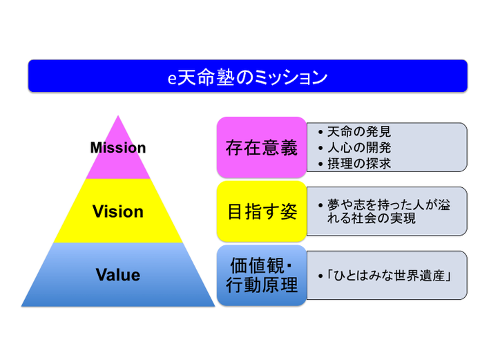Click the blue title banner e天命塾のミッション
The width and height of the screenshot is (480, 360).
[x=248, y=76]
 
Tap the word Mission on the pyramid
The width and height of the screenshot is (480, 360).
[x=118, y=148]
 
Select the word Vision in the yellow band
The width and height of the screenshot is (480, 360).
[x=118, y=211]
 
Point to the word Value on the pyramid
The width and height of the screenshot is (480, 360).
[x=118, y=274]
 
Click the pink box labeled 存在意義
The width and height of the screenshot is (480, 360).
[x=262, y=147]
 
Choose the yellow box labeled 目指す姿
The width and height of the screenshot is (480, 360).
[x=262, y=211]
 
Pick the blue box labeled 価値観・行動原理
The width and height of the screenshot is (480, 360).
[x=262, y=275]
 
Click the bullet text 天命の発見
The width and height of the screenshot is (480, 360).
[x=358, y=132]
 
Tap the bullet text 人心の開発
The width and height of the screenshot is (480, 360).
[x=358, y=148]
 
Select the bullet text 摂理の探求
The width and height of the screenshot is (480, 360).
[x=358, y=164]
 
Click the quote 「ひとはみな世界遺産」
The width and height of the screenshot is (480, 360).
[x=388, y=276]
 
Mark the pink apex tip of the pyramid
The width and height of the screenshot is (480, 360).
[x=118, y=116]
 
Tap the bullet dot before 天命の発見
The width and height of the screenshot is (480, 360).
[x=320, y=133]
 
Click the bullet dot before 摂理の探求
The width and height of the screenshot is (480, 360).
[x=320, y=164]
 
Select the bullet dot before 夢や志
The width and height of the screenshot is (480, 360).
[x=320, y=205]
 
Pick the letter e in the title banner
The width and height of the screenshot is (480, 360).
[x=172, y=79]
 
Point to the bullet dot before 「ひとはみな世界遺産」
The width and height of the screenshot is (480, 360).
[x=320, y=276]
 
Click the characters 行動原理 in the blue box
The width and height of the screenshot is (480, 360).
[x=262, y=285]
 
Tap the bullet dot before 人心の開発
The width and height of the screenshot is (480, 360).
[x=320, y=149]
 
